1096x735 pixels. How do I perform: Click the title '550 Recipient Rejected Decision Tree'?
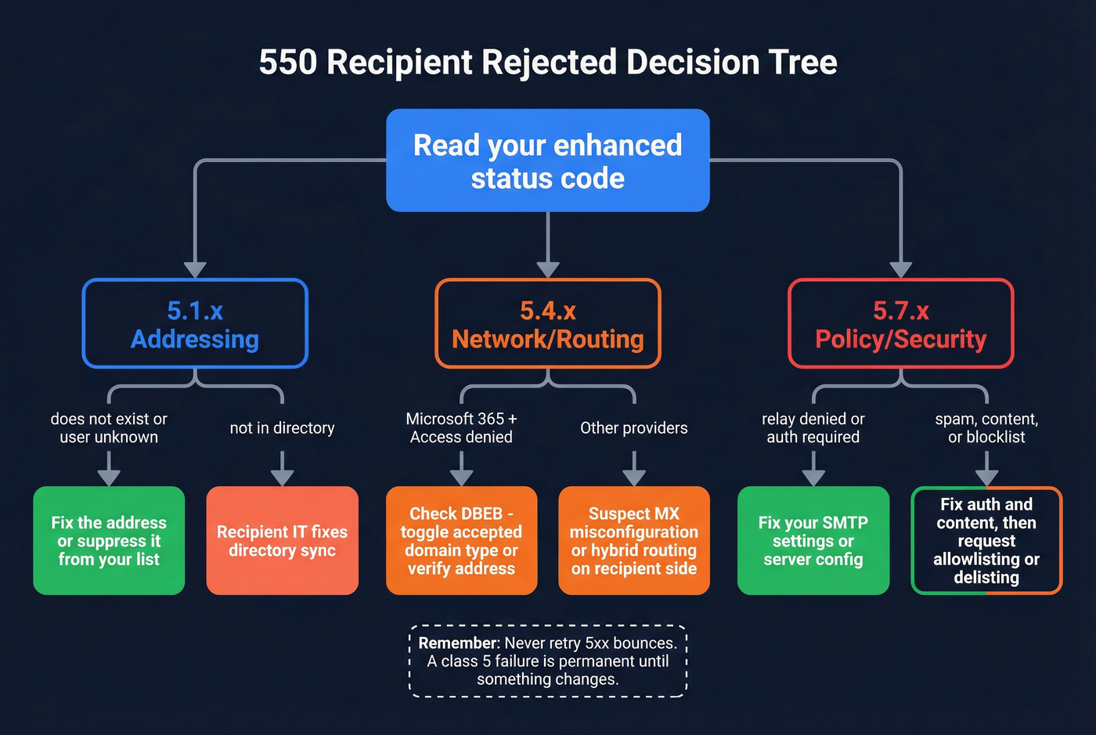pos(548,62)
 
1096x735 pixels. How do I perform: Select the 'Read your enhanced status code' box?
pos(548,161)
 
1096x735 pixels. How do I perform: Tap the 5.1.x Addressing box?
pos(195,324)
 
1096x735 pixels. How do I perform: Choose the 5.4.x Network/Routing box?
pos(548,324)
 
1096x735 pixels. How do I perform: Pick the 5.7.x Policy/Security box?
pos(900,324)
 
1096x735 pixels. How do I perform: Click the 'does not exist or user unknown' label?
pos(109,428)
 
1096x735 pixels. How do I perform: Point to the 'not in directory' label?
pos(282,428)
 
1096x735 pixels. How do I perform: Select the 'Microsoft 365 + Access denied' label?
pos(461,428)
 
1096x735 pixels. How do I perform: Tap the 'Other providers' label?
pos(633,428)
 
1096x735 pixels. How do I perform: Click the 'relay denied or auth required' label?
pos(813,428)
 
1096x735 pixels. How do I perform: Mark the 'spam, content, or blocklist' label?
pos(986,428)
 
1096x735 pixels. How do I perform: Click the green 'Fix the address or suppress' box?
pos(109,541)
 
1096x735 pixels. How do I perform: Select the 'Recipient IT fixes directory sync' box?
pos(282,541)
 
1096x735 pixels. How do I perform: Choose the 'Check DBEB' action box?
pos(461,541)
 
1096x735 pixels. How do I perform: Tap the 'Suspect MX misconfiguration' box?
pos(633,541)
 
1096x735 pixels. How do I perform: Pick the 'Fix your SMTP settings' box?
pos(813,541)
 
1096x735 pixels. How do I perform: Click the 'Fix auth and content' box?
pos(986,541)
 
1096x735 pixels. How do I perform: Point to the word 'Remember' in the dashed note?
pos(458,643)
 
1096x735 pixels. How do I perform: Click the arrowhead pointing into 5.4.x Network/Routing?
pos(548,269)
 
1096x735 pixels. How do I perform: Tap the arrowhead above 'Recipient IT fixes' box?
pos(282,477)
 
